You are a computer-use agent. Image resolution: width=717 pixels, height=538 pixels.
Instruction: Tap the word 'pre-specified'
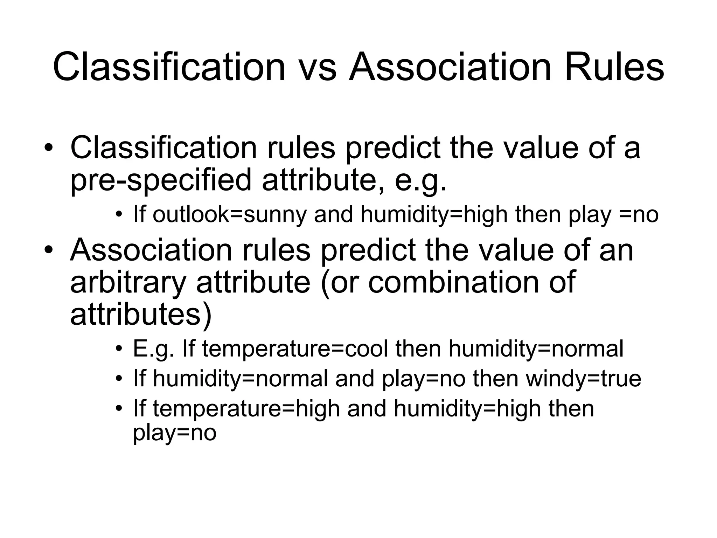point(161,180)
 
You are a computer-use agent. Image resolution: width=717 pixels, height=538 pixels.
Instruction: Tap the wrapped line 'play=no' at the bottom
point(175,433)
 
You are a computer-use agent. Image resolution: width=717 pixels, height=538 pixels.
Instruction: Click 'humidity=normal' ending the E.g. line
point(536,349)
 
